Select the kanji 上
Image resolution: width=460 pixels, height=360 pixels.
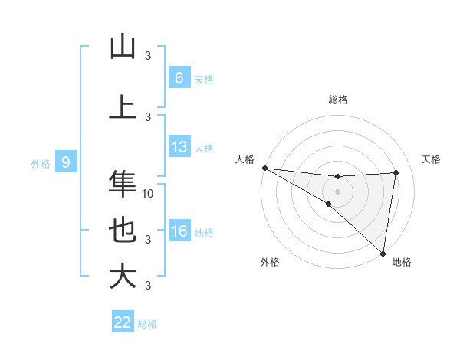click(123, 106)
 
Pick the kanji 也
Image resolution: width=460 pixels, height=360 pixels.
click(123, 231)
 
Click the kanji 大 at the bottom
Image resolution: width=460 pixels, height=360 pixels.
click(123, 276)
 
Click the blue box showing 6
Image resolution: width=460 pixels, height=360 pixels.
click(179, 78)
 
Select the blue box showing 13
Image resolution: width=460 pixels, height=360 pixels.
click(179, 147)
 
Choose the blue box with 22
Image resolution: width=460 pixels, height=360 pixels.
click(123, 322)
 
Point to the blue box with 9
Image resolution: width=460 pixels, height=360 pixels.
click(66, 162)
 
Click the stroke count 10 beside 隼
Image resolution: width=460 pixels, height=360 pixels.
click(149, 193)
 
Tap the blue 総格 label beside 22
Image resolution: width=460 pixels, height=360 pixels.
click(147, 323)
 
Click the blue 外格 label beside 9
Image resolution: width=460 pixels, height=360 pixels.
click(40, 163)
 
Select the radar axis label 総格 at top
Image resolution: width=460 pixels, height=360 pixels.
click(338, 100)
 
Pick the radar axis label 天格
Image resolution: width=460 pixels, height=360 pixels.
click(432, 159)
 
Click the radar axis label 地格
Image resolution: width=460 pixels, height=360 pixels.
click(402, 262)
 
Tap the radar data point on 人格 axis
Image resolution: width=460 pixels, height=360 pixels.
click(264, 168)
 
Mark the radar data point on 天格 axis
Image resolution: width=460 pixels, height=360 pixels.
click(396, 172)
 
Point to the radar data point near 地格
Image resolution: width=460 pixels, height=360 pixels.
click(383, 253)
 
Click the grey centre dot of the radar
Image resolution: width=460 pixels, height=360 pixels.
click(337, 191)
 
